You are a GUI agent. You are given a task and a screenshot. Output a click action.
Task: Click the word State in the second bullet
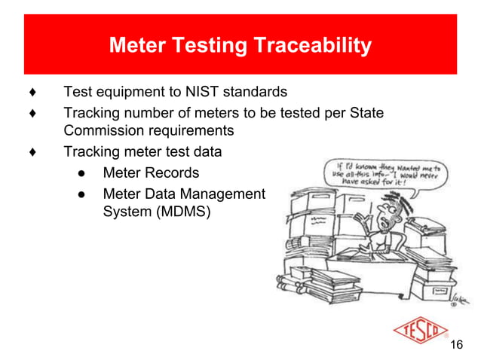367,113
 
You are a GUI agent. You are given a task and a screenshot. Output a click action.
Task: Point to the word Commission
99,131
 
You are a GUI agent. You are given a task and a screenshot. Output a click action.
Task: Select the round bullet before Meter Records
81,173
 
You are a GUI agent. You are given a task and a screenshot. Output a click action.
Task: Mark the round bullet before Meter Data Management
81,194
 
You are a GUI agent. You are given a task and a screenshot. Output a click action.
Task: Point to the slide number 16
455,345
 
